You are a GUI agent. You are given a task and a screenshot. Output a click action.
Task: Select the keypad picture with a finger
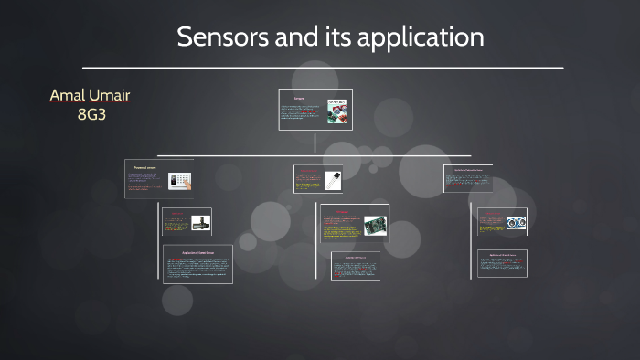click(179, 180)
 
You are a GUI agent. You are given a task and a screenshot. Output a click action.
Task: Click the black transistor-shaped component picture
click(331, 178)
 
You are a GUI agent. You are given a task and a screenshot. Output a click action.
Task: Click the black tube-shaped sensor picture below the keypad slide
click(200, 222)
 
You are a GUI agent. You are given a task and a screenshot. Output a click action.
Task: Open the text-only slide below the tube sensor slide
click(197, 264)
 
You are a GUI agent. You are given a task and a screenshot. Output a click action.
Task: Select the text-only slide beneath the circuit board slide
click(355, 266)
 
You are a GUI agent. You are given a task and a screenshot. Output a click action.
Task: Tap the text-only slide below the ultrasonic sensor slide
click(502, 263)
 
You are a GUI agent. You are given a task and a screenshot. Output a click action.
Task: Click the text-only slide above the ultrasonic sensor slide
click(467, 178)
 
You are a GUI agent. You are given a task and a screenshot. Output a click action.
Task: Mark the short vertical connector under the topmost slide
click(315, 142)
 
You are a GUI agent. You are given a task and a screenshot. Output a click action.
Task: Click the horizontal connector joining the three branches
click(315, 155)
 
